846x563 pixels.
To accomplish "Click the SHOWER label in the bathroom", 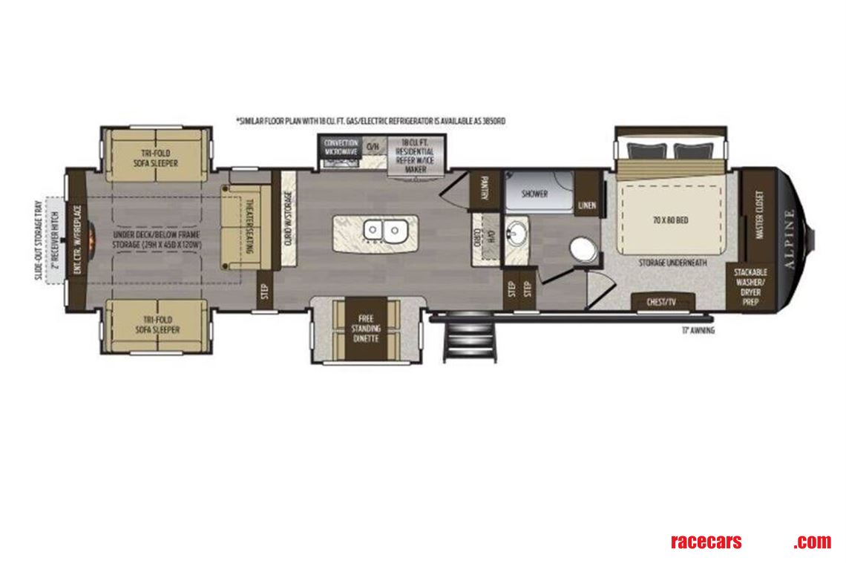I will (x=534, y=194).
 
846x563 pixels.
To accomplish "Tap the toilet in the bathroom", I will (x=583, y=248).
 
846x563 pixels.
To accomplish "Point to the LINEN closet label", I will (x=587, y=205).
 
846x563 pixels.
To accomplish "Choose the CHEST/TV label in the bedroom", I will (x=663, y=302).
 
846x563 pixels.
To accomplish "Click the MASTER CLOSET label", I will (x=759, y=215).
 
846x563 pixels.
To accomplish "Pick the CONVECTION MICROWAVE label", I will (x=341, y=147).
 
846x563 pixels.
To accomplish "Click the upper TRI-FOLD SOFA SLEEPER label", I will (x=155, y=158).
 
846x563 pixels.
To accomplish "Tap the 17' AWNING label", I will (x=698, y=331).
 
